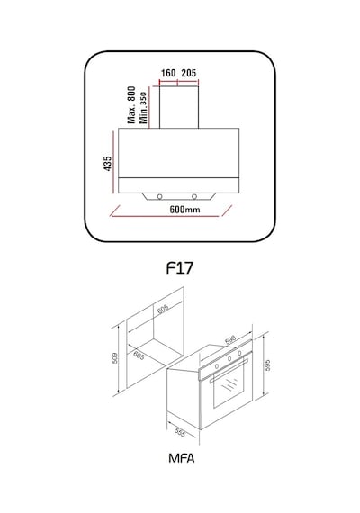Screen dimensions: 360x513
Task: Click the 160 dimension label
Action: (x=168, y=73)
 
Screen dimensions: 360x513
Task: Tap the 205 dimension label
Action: (x=189, y=73)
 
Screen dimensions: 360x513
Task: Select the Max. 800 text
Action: (x=131, y=104)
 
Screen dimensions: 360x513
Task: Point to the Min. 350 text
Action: (x=143, y=107)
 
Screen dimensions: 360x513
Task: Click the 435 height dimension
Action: (x=108, y=163)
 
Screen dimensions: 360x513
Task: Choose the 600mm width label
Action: (x=184, y=209)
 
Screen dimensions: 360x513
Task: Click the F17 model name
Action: (x=180, y=268)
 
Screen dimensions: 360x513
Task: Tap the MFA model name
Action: (x=181, y=458)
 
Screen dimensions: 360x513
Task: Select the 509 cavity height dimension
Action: (x=114, y=357)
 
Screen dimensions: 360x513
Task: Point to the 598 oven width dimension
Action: (x=230, y=340)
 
